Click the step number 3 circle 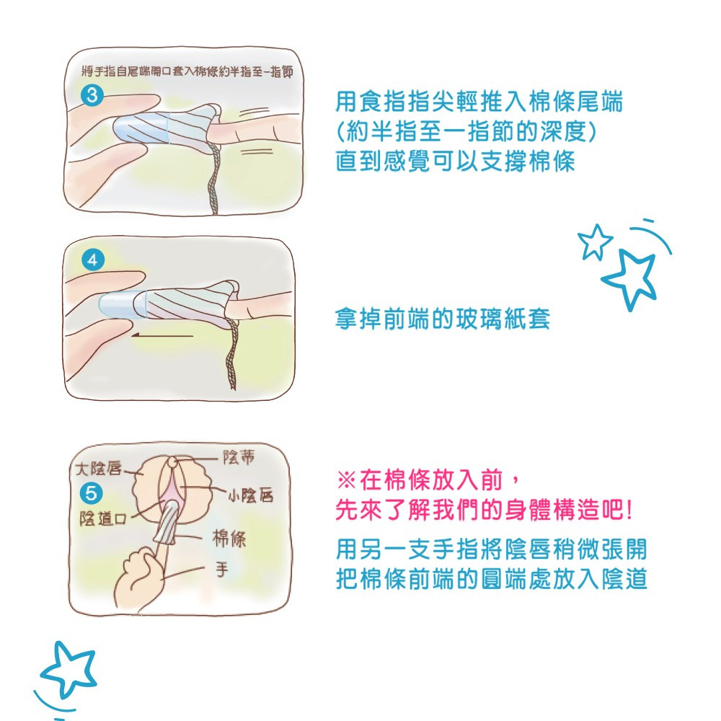pyautogui.click(x=92, y=96)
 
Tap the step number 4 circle pyautogui.click(x=92, y=260)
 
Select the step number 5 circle pyautogui.click(x=92, y=493)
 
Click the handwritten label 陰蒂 pyautogui.click(x=238, y=457)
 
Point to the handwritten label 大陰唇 pyautogui.click(x=98, y=469)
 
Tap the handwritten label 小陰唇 pyautogui.click(x=250, y=495)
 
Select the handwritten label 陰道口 pyautogui.click(x=103, y=518)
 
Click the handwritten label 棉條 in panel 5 pyautogui.click(x=229, y=538)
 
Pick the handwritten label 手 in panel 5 pyautogui.click(x=222, y=570)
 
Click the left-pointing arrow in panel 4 pyautogui.click(x=162, y=336)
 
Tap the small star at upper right pyautogui.click(x=595, y=242)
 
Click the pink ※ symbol pyautogui.click(x=346, y=480)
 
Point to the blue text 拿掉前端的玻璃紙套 pyautogui.click(x=443, y=319)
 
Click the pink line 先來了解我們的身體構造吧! pyautogui.click(x=484, y=510)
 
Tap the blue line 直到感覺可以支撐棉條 pyautogui.click(x=455, y=162)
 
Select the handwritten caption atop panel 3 pyautogui.click(x=187, y=71)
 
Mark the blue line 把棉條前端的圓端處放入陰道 pyautogui.click(x=492, y=579)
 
